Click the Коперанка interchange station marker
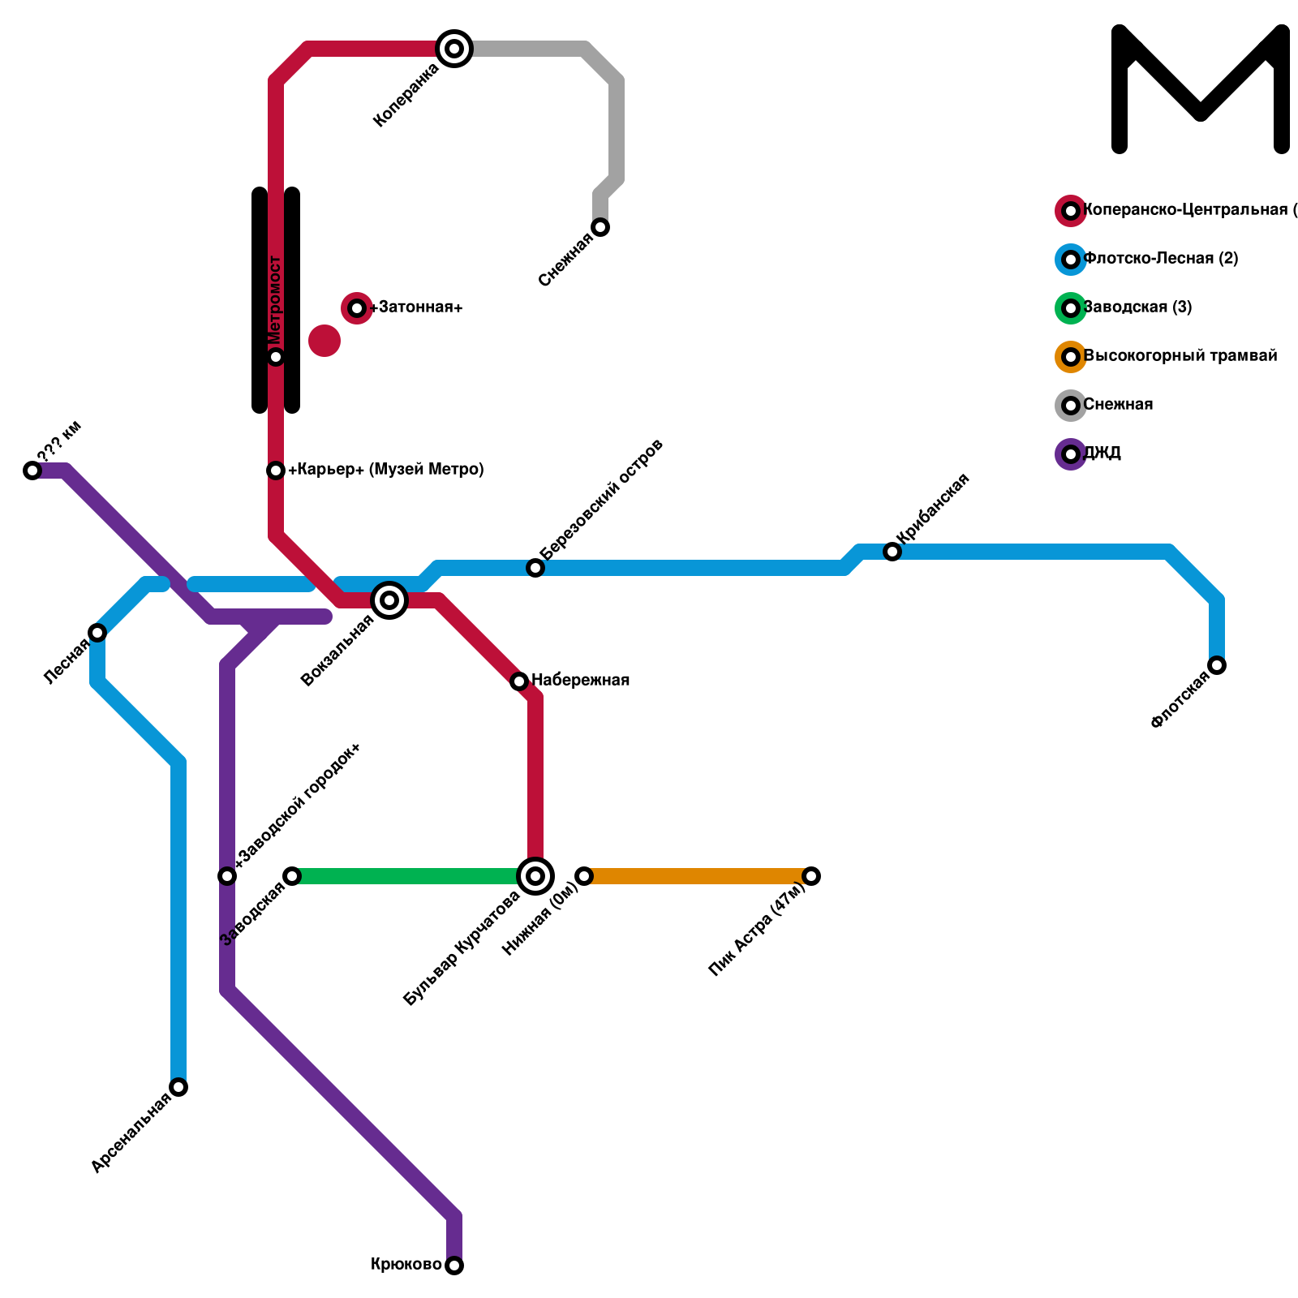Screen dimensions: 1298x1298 click(x=454, y=49)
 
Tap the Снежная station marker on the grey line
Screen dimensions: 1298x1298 click(x=600, y=227)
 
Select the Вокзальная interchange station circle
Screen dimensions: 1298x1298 click(x=389, y=600)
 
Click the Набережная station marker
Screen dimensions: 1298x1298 click(x=519, y=681)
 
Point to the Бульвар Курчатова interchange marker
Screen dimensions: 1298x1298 click(x=535, y=876)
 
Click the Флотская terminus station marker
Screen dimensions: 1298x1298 click(x=1217, y=665)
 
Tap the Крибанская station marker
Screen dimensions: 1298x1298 click(x=892, y=552)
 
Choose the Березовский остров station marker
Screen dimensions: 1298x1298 click(x=535, y=568)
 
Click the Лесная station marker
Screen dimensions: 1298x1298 click(x=97, y=633)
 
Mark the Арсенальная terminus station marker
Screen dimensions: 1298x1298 click(x=178, y=1087)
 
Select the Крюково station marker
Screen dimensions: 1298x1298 click(x=454, y=1266)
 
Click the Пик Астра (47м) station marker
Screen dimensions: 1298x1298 click(x=811, y=876)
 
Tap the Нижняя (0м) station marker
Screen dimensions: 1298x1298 click(x=584, y=876)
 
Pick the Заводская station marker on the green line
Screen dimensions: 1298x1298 click(x=292, y=876)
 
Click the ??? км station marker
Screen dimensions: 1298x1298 click(x=32, y=471)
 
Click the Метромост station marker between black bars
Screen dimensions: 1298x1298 click(x=276, y=357)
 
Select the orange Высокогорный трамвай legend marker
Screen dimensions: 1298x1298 click(x=1071, y=357)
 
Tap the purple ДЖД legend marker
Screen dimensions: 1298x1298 click(x=1071, y=454)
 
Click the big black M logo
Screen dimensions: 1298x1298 click(x=1201, y=89)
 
